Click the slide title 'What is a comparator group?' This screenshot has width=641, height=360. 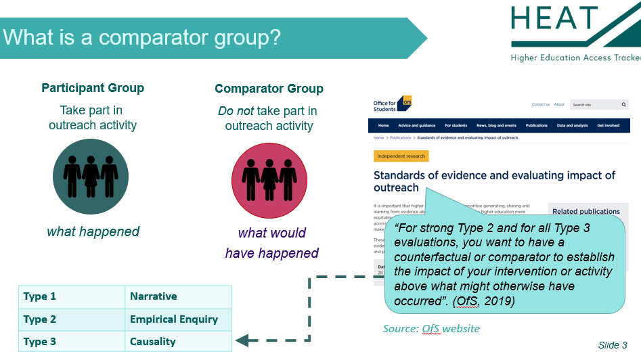(141, 36)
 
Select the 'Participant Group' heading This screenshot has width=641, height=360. (93, 88)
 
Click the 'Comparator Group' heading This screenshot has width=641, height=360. (269, 89)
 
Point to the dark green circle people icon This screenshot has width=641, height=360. (91, 177)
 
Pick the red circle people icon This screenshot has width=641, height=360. (269, 180)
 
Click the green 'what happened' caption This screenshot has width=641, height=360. (93, 231)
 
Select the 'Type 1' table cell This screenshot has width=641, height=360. (40, 296)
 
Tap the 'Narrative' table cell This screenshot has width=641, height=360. (154, 296)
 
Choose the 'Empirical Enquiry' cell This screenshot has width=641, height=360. (174, 319)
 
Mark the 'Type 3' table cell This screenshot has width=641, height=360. (40, 341)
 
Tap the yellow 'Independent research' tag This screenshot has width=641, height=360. (401, 156)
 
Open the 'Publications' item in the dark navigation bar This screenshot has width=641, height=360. (537, 125)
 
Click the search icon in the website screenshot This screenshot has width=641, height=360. (623, 105)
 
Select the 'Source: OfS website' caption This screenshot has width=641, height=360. (431, 329)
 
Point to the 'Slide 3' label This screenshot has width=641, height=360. (613, 345)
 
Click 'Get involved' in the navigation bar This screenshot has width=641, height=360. (608, 125)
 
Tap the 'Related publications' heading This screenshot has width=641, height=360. (586, 211)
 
